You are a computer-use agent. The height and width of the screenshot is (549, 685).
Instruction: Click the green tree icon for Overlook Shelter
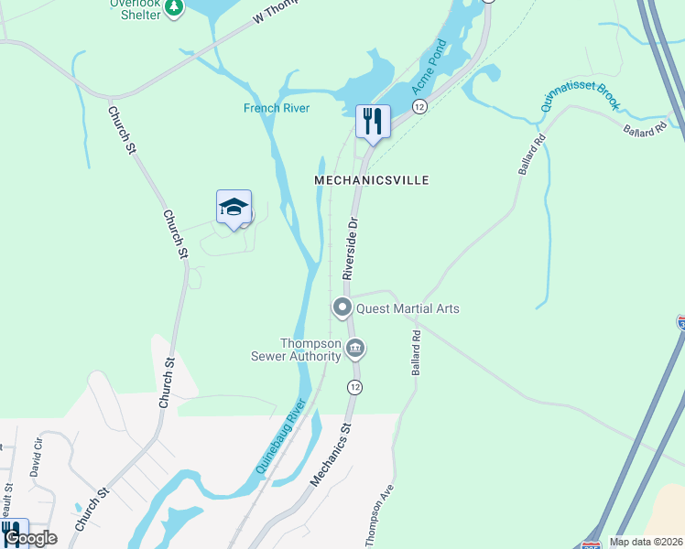click(174, 8)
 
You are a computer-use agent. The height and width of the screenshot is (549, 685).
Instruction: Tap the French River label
click(276, 108)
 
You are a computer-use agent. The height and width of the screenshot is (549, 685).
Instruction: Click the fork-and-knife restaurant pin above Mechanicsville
click(373, 122)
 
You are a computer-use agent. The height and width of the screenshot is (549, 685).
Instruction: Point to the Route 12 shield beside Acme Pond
click(419, 107)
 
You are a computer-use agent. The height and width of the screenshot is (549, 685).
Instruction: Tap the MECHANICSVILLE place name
click(371, 181)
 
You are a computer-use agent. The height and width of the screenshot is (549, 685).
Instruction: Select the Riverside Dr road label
click(349, 248)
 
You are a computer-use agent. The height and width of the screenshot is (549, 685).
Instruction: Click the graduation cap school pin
click(234, 207)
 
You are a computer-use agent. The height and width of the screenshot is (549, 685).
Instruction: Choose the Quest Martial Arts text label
click(407, 308)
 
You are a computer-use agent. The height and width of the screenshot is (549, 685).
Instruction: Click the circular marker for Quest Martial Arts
click(342, 307)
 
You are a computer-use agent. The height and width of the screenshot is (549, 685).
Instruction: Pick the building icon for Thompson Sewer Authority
click(355, 349)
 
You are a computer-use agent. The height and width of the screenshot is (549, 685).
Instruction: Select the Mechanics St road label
click(332, 453)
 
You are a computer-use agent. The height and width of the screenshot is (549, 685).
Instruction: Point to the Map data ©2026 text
click(646, 542)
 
